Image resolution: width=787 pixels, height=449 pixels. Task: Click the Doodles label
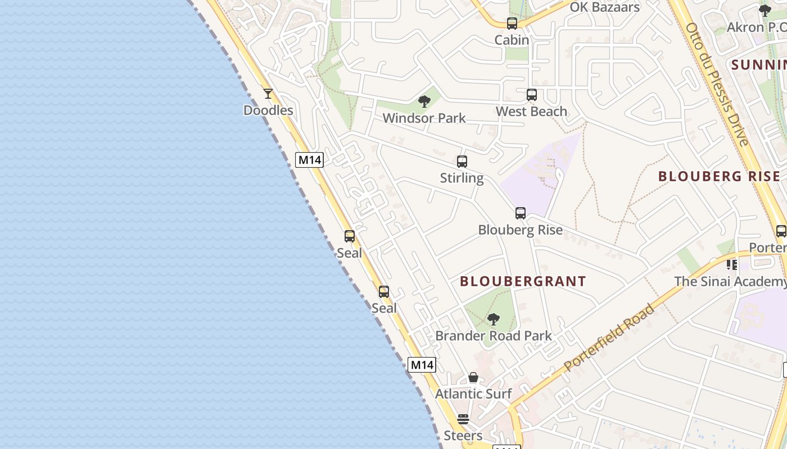(x=268, y=111)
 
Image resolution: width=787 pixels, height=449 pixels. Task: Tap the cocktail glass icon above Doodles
(x=268, y=94)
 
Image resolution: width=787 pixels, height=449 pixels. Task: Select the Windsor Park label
(x=424, y=118)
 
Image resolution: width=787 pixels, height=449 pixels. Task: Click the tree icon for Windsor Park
(x=424, y=102)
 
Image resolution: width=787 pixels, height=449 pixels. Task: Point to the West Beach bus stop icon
(x=532, y=95)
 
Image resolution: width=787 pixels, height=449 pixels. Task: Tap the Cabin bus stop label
(x=512, y=40)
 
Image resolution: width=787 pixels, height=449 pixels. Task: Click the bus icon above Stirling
(x=462, y=162)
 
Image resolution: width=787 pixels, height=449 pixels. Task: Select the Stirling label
(x=462, y=178)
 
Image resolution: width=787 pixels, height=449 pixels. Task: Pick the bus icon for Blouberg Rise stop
(x=521, y=213)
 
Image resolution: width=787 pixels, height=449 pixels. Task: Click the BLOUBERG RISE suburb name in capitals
(x=719, y=176)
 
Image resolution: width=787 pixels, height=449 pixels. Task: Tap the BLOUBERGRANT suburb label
(x=523, y=282)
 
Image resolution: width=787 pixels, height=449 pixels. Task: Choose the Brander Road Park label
(x=494, y=336)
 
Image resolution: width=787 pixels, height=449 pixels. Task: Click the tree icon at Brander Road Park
(x=494, y=319)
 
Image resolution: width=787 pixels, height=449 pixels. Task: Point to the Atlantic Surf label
(x=473, y=394)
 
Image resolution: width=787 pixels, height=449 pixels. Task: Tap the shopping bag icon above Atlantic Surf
(x=473, y=377)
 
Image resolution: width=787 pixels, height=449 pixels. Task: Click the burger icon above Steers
(x=463, y=419)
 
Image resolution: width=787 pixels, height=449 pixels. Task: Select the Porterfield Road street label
(x=609, y=337)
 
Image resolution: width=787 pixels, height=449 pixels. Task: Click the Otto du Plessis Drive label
(x=717, y=84)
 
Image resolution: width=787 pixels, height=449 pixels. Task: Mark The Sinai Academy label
(x=730, y=281)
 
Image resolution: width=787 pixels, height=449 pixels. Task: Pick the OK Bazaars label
(x=605, y=7)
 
